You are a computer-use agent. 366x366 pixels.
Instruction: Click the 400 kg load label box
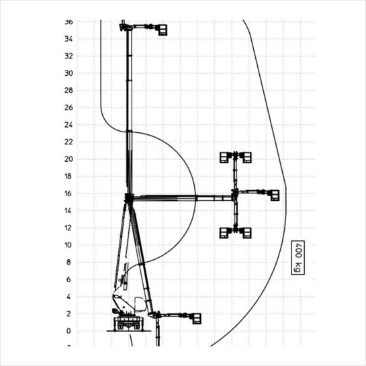pos(298,257)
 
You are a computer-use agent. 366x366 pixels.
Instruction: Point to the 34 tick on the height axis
pos(68,39)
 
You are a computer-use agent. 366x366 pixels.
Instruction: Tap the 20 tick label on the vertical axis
pos(68,159)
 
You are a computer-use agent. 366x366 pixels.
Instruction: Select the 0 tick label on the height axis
pos(68,331)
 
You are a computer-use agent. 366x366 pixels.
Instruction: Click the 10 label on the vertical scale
pos(68,245)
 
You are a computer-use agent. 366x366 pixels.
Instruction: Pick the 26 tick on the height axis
pos(68,107)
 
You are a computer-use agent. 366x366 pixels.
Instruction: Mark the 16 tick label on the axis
pos(68,193)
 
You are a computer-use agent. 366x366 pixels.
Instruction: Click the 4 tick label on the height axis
pos(68,297)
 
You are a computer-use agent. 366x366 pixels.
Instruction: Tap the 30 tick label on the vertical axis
pos(68,73)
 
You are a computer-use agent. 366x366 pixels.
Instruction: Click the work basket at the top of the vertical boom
pos(163,30)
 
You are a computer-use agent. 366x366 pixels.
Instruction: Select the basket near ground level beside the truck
pos(197,318)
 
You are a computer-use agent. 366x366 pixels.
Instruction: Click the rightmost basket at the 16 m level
pos(275,195)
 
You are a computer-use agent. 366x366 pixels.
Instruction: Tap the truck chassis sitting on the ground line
pos(128,323)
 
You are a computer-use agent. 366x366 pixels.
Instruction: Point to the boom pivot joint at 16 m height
pos(129,198)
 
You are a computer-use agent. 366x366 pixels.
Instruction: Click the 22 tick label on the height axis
pos(68,142)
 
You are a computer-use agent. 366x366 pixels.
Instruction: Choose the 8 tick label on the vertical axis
pos(68,263)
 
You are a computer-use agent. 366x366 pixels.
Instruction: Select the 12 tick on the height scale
pos(68,228)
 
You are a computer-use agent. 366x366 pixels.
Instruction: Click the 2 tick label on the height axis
pos(68,314)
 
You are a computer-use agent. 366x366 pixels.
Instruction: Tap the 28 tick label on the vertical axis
pos(68,91)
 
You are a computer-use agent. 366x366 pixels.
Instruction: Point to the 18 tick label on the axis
pos(68,176)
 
